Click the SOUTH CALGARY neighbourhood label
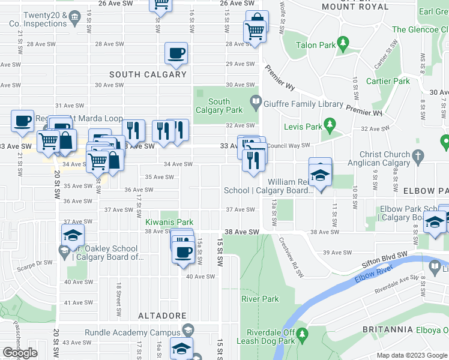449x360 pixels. (148, 74)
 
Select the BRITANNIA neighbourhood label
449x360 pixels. (388, 330)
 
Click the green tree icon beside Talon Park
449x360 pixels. (343, 43)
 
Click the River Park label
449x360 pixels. (260, 299)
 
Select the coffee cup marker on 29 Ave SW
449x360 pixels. (176, 53)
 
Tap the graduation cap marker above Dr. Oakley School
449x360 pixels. (73, 235)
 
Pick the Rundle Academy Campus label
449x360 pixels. (132, 333)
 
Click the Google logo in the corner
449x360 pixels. (20, 353)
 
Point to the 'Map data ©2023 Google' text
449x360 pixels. (412, 355)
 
